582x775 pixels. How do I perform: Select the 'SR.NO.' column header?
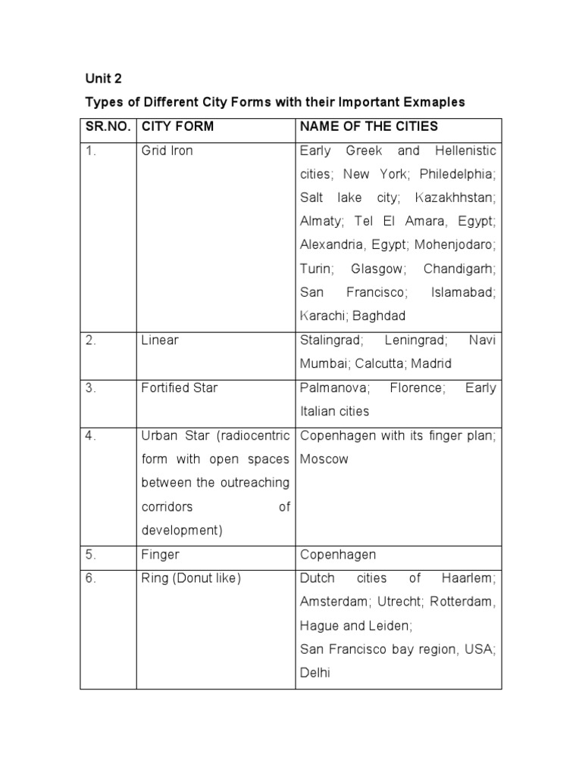click(108, 126)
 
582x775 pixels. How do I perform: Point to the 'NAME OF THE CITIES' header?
click(369, 126)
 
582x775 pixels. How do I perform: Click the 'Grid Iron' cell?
click(167, 151)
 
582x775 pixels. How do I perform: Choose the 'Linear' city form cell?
click(160, 340)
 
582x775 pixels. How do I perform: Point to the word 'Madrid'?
click(431, 363)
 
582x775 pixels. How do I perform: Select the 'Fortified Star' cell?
click(180, 387)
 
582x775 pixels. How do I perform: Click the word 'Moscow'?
click(324, 459)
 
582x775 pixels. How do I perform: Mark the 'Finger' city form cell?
click(161, 554)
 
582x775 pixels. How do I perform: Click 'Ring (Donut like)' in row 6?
click(191, 578)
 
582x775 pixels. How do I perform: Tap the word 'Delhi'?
click(315, 672)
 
